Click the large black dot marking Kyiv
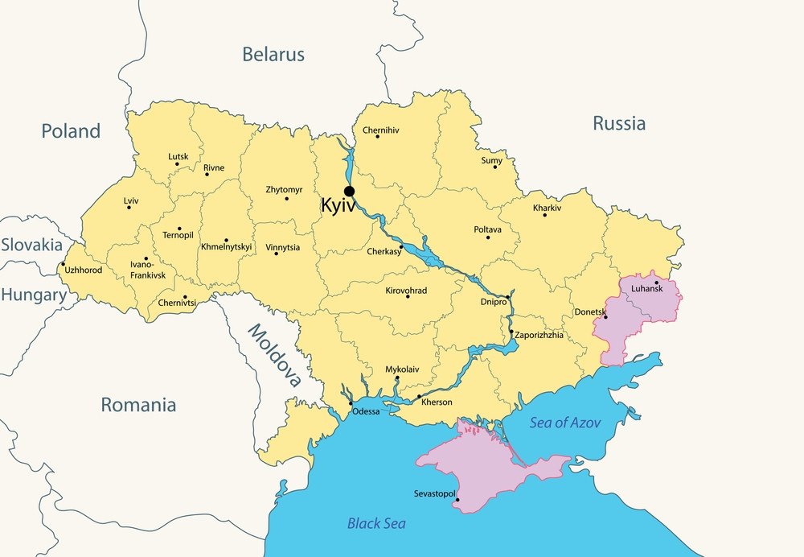(349, 191)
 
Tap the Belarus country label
(273, 55)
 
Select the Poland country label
(72, 131)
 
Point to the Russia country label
(619, 124)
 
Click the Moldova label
(274, 355)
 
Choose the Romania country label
(138, 405)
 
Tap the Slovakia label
(31, 245)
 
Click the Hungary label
(33, 295)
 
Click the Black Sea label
(376, 523)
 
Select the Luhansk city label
(648, 288)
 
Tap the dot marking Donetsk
(605, 317)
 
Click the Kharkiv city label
(547, 208)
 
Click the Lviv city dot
(128, 208)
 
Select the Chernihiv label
(381, 130)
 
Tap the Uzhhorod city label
(84, 270)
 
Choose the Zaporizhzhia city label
(539, 335)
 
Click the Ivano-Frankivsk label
(148, 269)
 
